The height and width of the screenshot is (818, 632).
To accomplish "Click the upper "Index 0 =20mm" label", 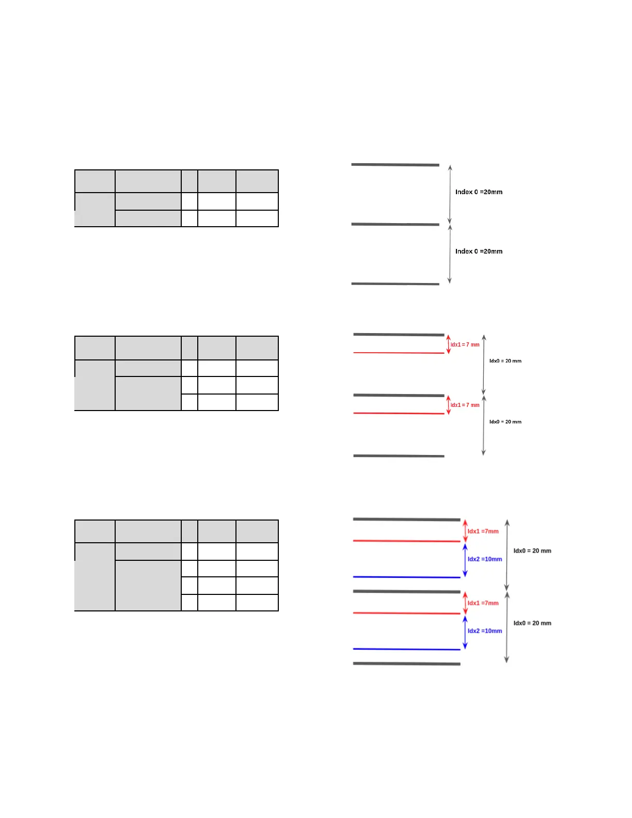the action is pos(479,192).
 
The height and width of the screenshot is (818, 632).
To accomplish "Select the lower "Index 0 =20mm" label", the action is pos(479,251).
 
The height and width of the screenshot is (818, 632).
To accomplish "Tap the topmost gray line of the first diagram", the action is pos(395,165).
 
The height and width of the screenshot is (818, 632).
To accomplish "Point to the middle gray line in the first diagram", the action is pos(395,224).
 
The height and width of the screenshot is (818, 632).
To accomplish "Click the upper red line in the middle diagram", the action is pos(399,353).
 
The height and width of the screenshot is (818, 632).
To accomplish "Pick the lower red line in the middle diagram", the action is pos(399,413).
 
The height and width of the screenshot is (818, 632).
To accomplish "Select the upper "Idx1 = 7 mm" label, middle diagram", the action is pos(465,344).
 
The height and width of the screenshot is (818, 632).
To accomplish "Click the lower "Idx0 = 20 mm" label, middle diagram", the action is pos(505,422).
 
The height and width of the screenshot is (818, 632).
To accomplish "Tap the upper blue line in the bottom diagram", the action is pos(406,577).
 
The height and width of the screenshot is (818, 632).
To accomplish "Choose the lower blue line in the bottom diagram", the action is pos(406,649).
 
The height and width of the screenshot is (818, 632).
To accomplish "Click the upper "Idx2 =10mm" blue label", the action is pos(484,559).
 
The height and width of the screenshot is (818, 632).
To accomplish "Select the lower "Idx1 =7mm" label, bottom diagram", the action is pos(483,603).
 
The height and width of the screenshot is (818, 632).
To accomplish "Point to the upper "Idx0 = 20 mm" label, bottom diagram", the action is pos(532,551).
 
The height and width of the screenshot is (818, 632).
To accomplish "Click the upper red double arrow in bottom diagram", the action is pos(465,531).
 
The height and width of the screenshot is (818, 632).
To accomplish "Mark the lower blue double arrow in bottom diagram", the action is pos(465,632).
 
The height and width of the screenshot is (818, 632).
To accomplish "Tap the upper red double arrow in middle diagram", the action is pos(448,344).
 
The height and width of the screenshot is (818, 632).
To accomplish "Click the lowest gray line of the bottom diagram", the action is pos(406,664).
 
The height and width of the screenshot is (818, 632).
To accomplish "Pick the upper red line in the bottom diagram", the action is pos(406,541).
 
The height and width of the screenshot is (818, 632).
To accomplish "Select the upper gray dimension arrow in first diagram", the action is pos(450,194).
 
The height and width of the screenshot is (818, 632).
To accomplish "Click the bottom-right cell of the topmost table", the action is pos(257,218).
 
